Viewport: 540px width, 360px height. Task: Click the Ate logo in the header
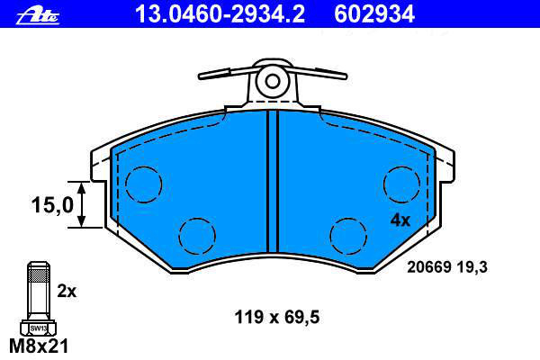(38, 16)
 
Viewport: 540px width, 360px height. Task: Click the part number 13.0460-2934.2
(220, 14)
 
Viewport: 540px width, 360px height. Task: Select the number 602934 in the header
(374, 14)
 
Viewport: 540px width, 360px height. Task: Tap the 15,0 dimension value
(52, 204)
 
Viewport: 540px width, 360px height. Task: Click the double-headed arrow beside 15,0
(81, 204)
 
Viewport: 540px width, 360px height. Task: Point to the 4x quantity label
(400, 220)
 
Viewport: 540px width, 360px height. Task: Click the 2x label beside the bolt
(67, 292)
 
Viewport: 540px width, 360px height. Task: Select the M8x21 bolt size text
(39, 346)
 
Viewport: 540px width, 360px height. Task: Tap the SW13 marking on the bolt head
(38, 328)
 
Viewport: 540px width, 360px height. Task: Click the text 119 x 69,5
(277, 317)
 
